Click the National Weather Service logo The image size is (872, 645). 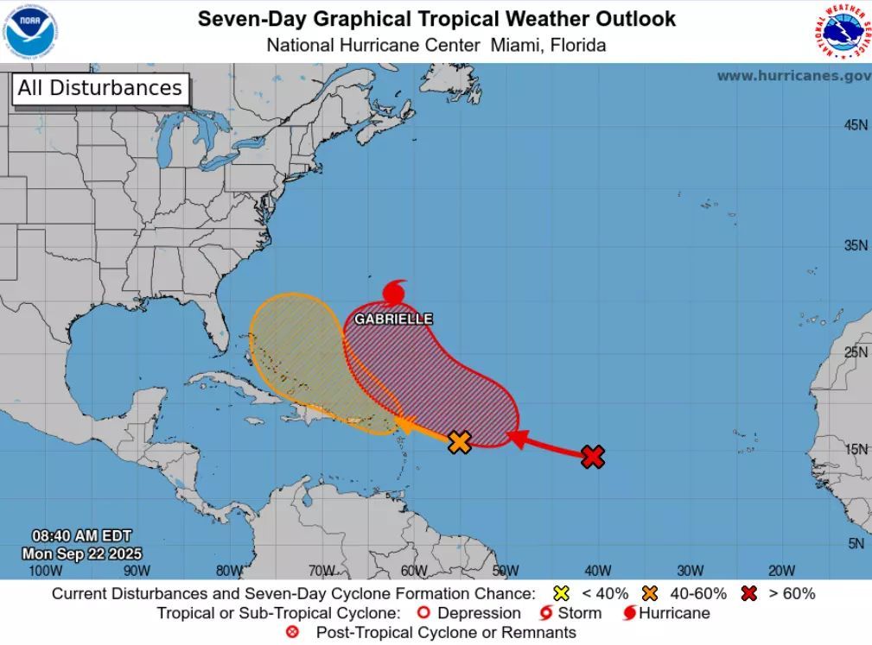[843, 31]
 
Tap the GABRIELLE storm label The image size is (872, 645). [393, 319]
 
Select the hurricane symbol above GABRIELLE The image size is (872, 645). [394, 293]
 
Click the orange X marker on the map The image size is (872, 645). [460, 442]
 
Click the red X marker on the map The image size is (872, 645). [592, 457]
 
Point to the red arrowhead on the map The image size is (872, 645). [515, 438]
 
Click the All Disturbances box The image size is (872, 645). [99, 88]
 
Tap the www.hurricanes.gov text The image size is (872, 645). [793, 76]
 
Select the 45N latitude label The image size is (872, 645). [856, 126]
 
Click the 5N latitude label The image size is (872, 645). [856, 543]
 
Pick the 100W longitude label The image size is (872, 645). [45, 570]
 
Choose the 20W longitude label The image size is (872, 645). [781, 570]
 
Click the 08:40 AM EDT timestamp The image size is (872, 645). [82, 536]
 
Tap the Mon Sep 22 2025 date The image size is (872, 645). [82, 553]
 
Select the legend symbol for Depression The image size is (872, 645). [423, 613]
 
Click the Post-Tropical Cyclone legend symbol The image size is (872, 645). [292, 633]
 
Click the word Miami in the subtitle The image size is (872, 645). [516, 45]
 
